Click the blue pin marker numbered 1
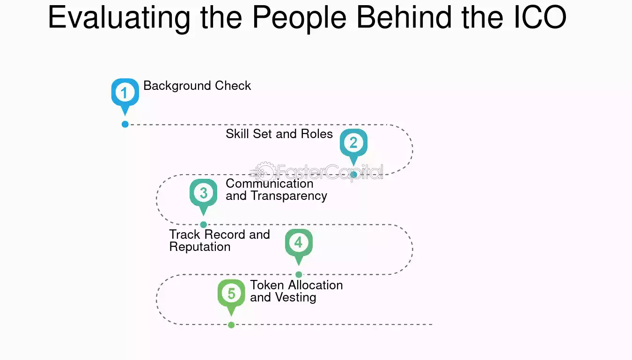click(x=125, y=95)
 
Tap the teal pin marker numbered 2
click(x=353, y=145)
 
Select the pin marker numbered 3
click(x=204, y=195)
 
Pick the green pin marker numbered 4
click(x=299, y=245)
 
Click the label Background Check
click(x=197, y=86)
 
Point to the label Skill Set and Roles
click(x=279, y=134)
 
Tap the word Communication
click(x=270, y=184)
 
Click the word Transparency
click(x=289, y=196)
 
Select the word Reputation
click(x=200, y=247)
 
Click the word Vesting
click(x=295, y=298)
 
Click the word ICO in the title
click(x=540, y=17)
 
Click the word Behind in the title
click(x=404, y=17)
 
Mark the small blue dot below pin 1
click(x=125, y=124)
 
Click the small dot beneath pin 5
click(x=231, y=325)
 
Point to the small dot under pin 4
click(x=299, y=274)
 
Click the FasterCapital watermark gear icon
click(x=264, y=172)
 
